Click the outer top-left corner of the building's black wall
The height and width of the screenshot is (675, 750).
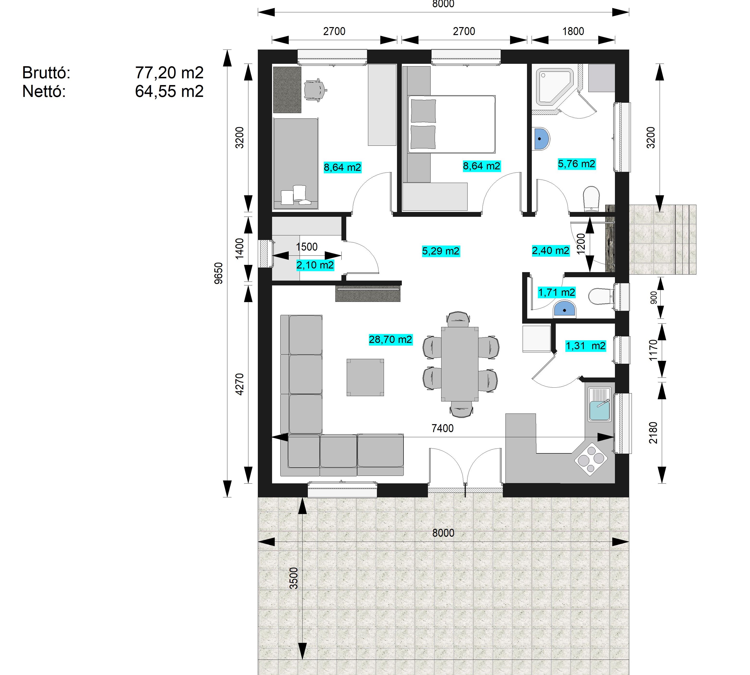click(258, 50)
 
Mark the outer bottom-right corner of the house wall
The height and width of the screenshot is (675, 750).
click(629, 497)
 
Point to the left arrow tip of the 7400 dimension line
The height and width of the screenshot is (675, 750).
click(273, 438)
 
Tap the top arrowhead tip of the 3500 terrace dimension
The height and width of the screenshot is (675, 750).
click(303, 498)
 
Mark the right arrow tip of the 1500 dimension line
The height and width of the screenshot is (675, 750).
click(341, 255)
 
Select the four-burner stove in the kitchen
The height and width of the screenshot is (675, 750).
click(591, 459)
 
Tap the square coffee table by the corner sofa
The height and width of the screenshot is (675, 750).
click(365, 377)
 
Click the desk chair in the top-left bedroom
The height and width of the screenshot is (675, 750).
click(315, 90)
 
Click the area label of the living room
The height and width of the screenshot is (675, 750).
click(390, 339)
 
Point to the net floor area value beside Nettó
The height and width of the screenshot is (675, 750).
click(169, 91)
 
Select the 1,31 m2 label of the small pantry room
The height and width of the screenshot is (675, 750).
click(585, 346)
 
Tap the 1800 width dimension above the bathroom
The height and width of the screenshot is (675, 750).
click(573, 31)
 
